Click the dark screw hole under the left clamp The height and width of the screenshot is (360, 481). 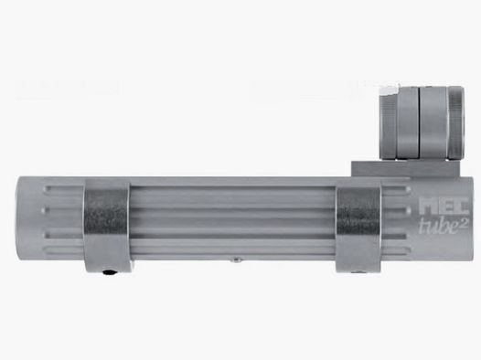[109, 272]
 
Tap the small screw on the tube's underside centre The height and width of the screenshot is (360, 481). [234, 260]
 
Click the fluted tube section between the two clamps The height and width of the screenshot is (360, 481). [233, 219]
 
